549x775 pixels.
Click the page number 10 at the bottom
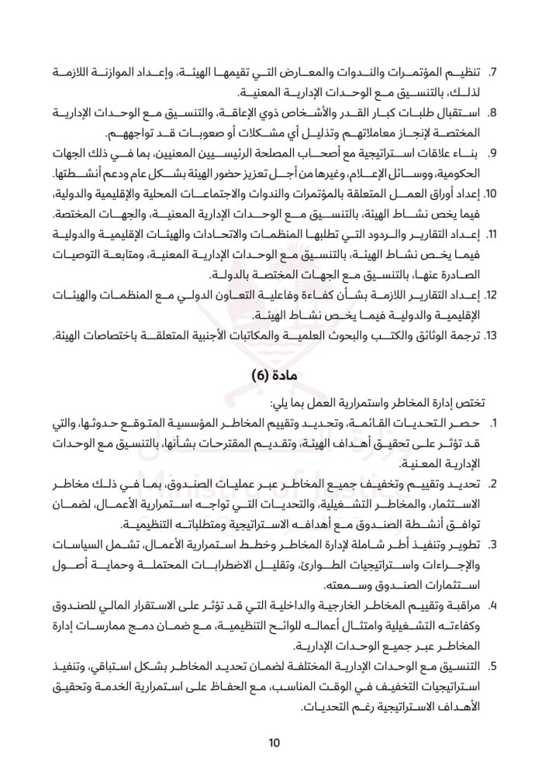[274, 743]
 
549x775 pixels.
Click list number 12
[490, 295]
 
